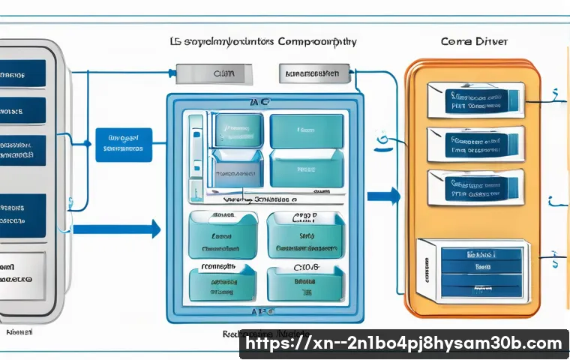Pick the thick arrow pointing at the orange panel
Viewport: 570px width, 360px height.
pyautogui.click(x=383, y=196)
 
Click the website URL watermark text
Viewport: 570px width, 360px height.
pyautogui.click(x=404, y=343)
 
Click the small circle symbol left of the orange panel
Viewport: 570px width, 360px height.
pyautogui.click(x=383, y=137)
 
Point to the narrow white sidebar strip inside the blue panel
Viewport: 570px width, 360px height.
pyautogui.click(x=196, y=154)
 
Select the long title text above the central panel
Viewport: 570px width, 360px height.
pyautogui.click(x=265, y=42)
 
